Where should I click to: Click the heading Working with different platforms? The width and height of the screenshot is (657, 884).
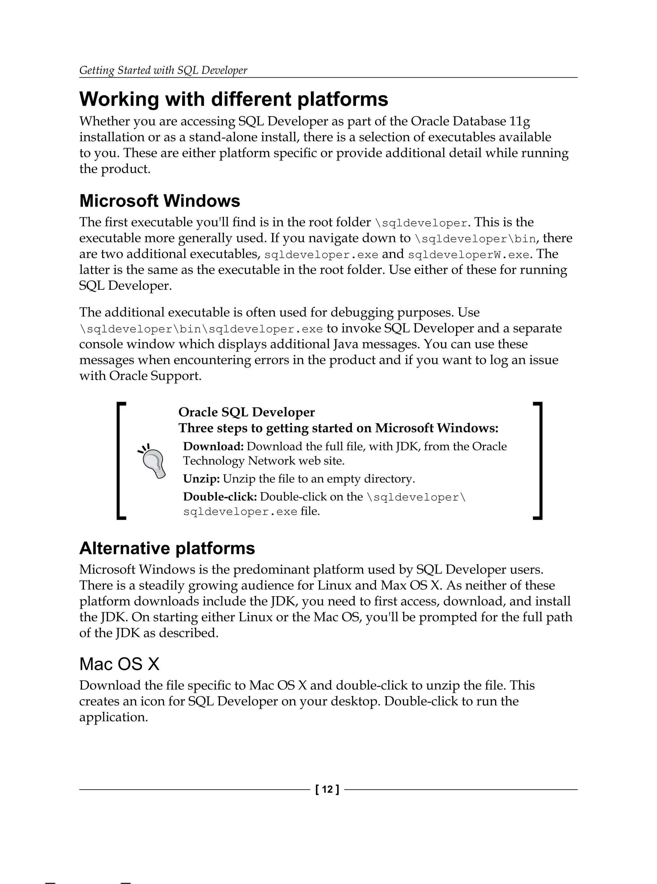tap(234, 99)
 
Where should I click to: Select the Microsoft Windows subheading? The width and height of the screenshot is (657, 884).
tap(159, 201)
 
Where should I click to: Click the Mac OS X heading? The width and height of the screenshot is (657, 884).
tap(119, 664)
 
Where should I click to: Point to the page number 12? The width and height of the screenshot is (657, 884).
tap(327, 789)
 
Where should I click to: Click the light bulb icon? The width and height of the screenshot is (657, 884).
tap(153, 461)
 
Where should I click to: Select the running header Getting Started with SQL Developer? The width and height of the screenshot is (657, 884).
tap(163, 70)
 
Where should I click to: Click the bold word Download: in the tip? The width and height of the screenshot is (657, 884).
tap(213, 446)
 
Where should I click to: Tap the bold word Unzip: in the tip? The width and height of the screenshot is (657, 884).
tap(201, 479)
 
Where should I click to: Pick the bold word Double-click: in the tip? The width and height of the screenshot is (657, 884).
tap(220, 497)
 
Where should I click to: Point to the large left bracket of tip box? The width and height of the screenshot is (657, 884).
tap(121, 461)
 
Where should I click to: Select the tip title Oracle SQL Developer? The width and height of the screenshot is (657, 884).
tap(246, 412)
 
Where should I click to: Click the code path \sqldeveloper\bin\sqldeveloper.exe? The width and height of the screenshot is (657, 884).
tap(201, 329)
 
